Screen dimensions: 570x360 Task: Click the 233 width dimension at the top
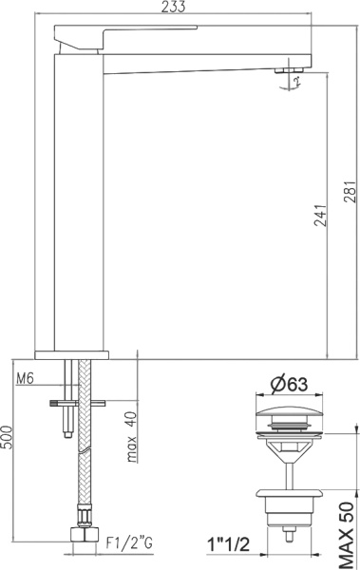173,7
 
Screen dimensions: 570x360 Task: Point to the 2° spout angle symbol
297,84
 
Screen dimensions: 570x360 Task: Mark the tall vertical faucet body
80,199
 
